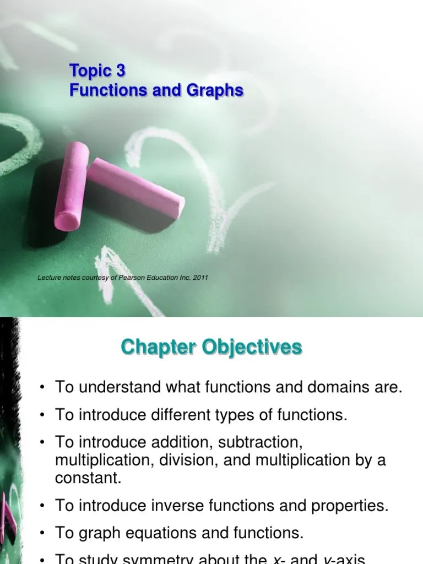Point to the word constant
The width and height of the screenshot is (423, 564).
point(88,478)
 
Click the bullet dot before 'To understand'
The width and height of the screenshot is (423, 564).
point(42,388)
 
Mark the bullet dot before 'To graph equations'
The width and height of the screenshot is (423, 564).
point(42,534)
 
